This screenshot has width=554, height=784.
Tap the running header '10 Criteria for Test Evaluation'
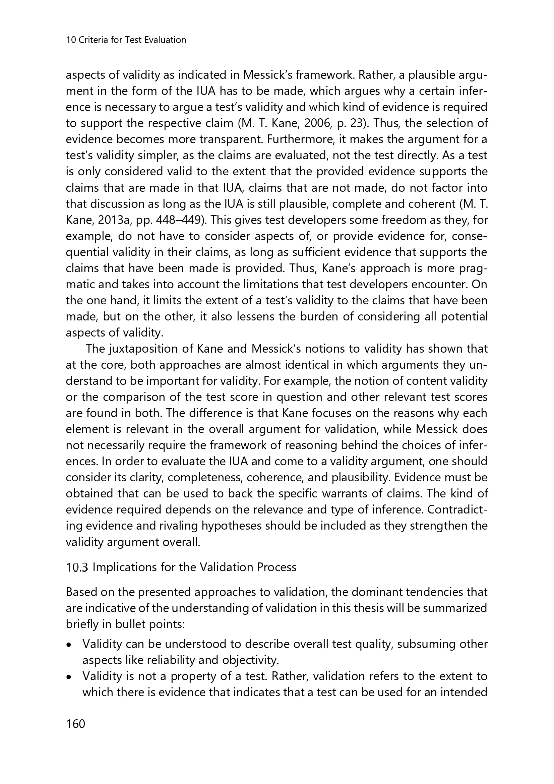[x=126, y=40]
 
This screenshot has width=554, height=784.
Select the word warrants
[x=372, y=493]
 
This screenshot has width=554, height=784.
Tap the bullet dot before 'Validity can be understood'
[x=69, y=645]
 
